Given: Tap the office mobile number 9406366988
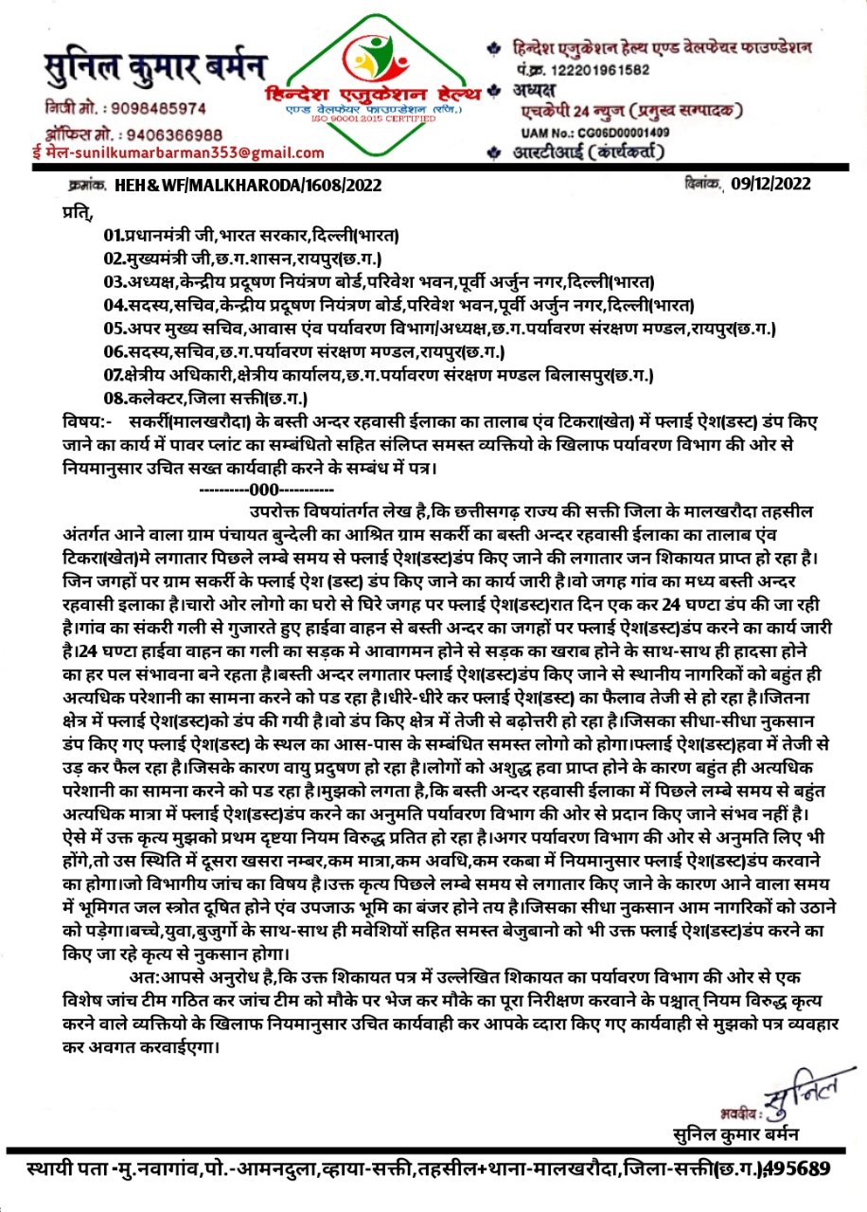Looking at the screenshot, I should pos(168,134).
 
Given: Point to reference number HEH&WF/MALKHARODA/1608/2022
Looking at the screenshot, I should pos(248,186).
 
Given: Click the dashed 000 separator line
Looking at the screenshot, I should pos(265,490).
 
